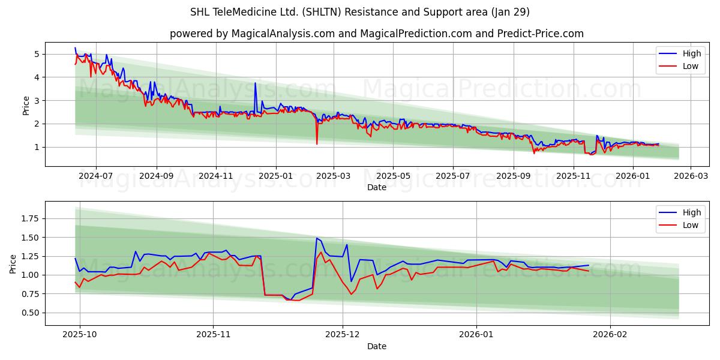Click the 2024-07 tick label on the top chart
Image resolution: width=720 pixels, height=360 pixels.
[x=96, y=176]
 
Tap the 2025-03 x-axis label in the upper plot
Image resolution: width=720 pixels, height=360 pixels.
[x=334, y=176]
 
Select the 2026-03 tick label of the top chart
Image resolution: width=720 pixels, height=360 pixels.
[x=690, y=176]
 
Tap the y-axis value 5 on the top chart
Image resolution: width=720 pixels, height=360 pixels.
[x=37, y=54]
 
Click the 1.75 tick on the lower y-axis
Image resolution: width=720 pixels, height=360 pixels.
[x=29, y=219]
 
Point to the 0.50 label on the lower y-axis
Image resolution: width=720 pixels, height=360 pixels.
[x=29, y=313]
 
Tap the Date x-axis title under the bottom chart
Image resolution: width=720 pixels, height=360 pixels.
[x=377, y=346]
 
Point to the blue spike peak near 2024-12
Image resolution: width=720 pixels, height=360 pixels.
[x=255, y=83]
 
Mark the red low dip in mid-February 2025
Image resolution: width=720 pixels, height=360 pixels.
[x=317, y=144]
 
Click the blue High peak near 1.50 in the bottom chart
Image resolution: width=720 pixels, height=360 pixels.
[x=317, y=238]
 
